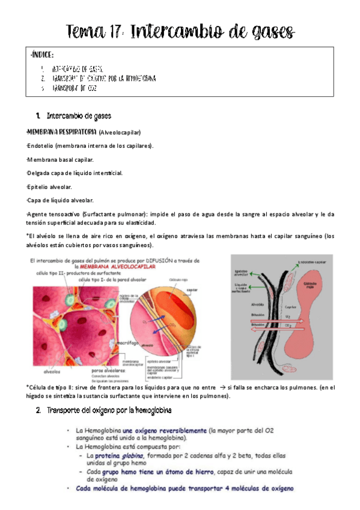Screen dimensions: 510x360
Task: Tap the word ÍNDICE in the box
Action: (x=45, y=55)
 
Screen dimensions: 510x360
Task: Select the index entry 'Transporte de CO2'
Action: (x=75, y=88)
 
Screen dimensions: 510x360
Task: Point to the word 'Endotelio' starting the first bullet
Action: (x=43, y=146)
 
